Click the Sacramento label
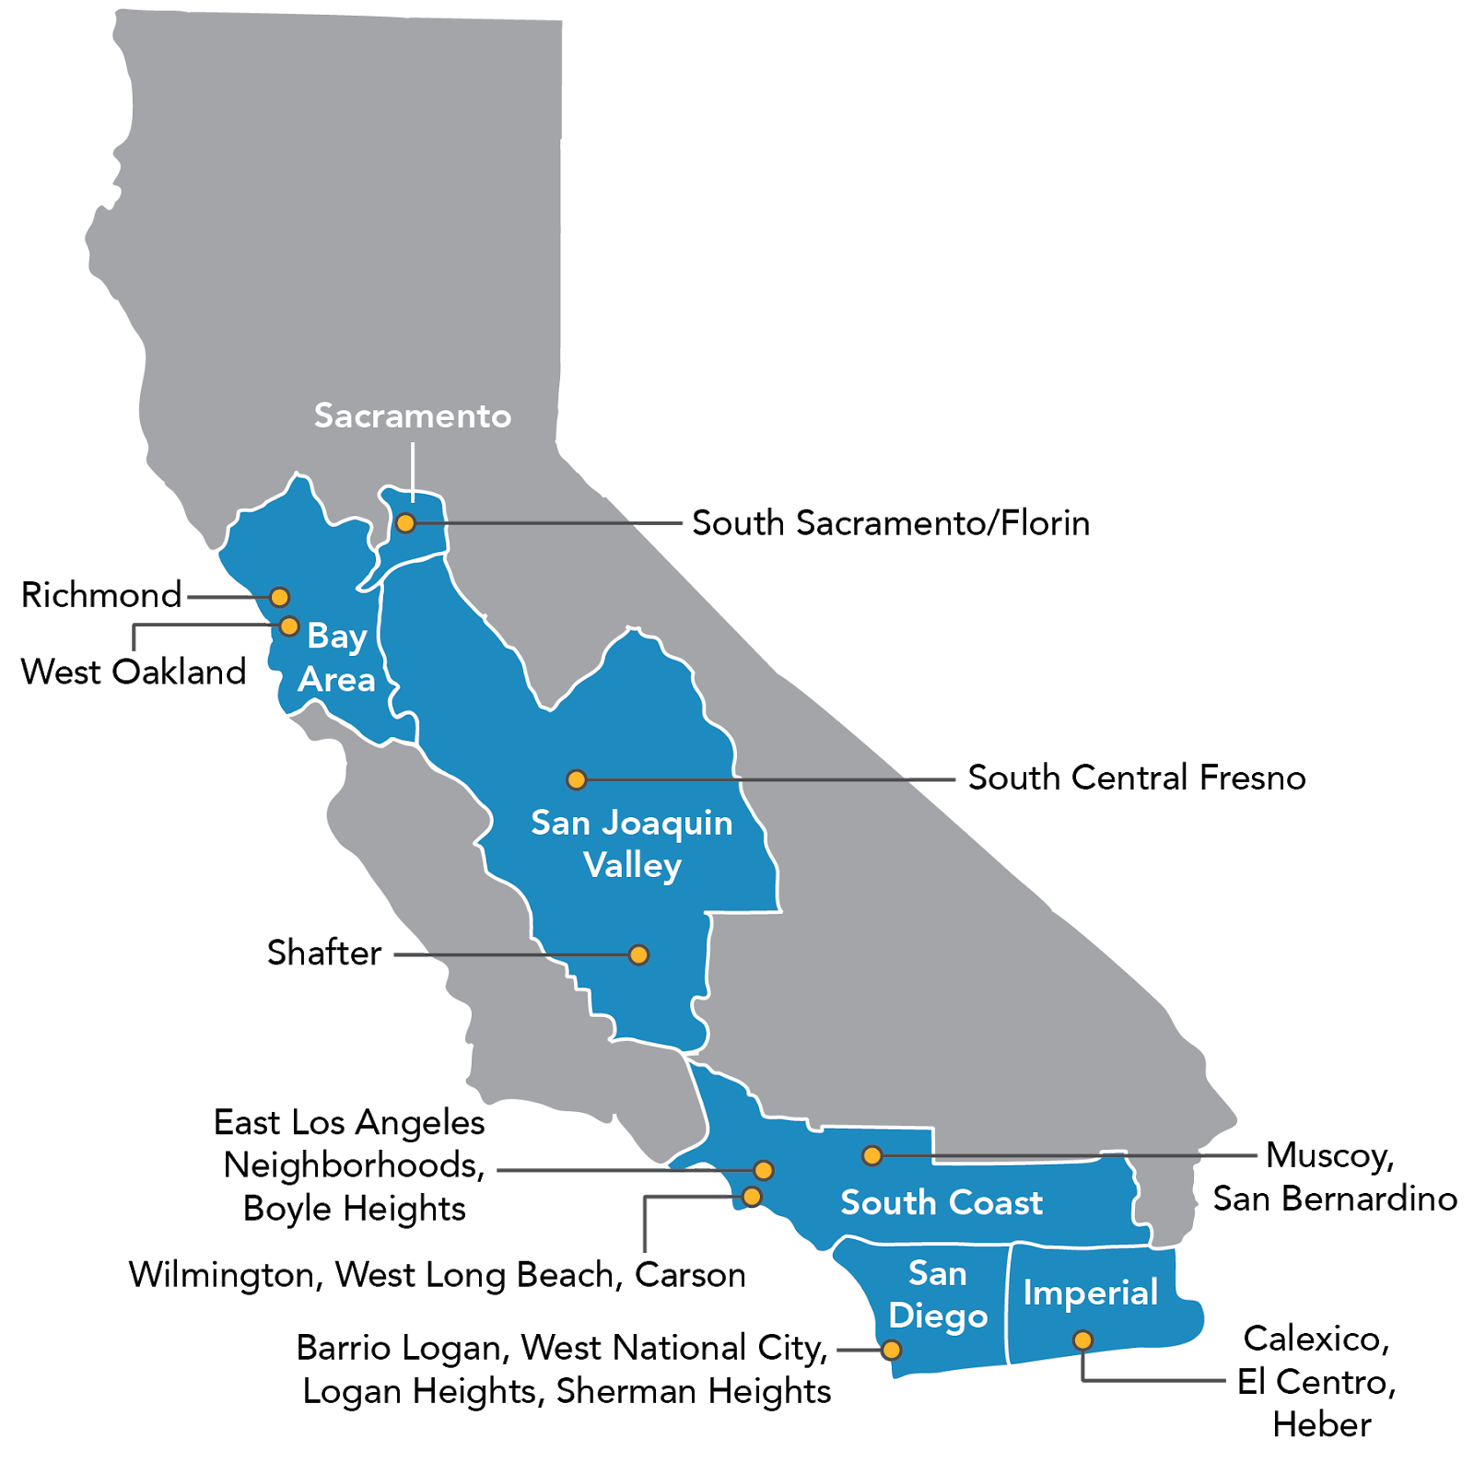(x=412, y=416)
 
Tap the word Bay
(x=337, y=636)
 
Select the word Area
(x=336, y=680)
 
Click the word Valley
(x=632, y=866)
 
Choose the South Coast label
(x=942, y=1202)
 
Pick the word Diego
(x=938, y=1316)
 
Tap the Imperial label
(x=1090, y=1293)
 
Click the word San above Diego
(x=937, y=1273)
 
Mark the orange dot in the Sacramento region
(x=405, y=523)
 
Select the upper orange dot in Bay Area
(x=279, y=597)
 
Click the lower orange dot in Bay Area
(x=289, y=626)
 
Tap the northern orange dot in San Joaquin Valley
(x=576, y=780)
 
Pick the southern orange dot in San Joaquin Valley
(x=638, y=955)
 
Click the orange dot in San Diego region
(x=891, y=1351)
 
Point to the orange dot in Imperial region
(x=1083, y=1340)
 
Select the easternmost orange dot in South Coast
(x=872, y=1155)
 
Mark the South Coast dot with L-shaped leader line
(x=752, y=1197)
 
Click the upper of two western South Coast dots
(x=763, y=1171)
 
